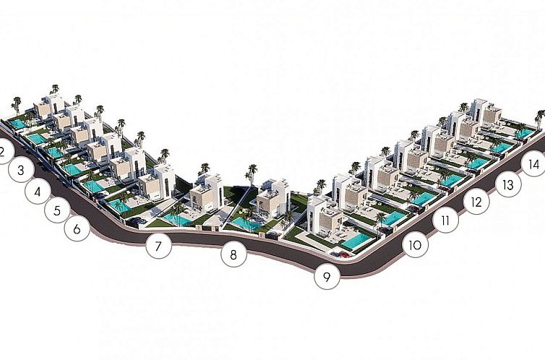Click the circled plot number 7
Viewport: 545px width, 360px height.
click(159, 246)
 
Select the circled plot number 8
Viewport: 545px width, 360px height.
click(233, 254)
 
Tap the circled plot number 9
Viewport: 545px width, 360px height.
click(327, 277)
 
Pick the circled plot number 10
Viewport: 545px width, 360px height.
click(415, 245)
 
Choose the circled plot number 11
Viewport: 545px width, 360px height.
click(445, 220)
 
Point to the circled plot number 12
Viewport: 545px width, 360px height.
click(476, 202)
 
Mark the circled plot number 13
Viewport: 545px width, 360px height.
click(508, 184)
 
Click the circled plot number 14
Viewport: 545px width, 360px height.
click(534, 163)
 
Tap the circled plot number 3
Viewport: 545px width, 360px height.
click(21, 170)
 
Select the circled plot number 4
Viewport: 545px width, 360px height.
click(38, 191)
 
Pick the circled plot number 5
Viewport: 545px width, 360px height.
click(57, 210)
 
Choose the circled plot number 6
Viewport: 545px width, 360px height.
click(77, 228)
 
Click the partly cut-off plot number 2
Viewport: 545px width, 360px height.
click(4, 152)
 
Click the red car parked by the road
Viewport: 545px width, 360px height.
click(345, 254)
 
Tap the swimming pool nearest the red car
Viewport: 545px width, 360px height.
click(356, 241)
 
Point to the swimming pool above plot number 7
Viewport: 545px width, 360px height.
click(177, 219)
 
